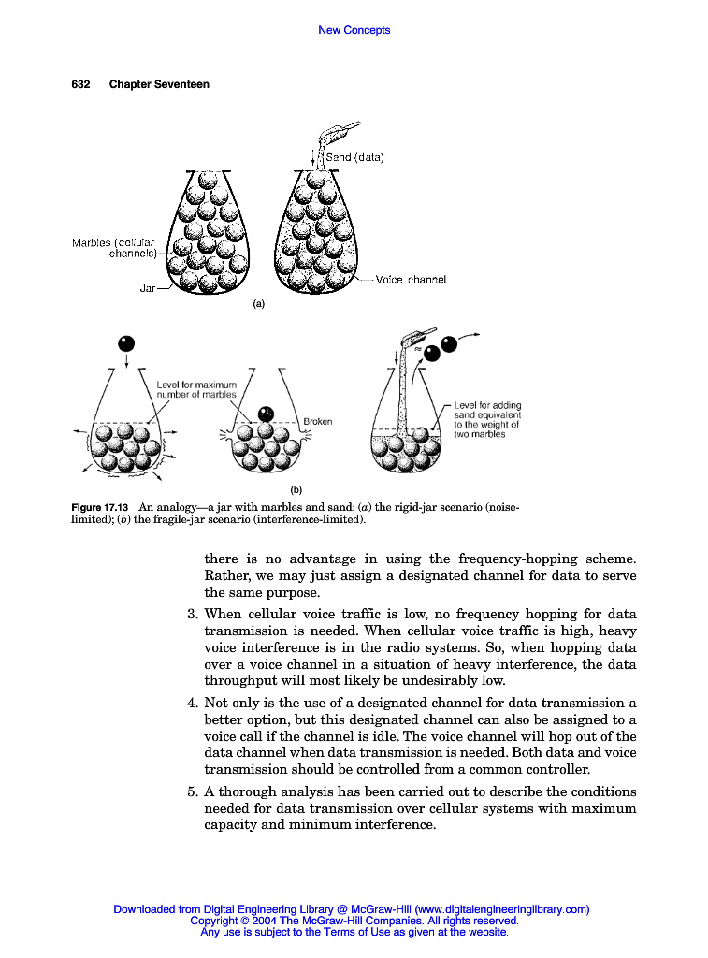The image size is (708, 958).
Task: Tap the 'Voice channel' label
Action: click(411, 279)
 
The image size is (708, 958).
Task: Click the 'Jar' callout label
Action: click(148, 288)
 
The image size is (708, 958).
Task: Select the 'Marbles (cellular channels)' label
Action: click(113, 248)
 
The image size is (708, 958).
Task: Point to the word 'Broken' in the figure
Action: click(318, 421)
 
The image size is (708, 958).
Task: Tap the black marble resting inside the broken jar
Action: click(266, 413)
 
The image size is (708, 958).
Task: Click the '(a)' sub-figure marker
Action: click(259, 303)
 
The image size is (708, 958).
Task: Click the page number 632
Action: click(80, 84)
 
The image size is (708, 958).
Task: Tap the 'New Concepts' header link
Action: click(354, 30)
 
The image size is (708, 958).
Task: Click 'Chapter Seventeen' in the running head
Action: click(159, 84)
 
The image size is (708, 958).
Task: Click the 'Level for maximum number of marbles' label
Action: click(196, 389)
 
